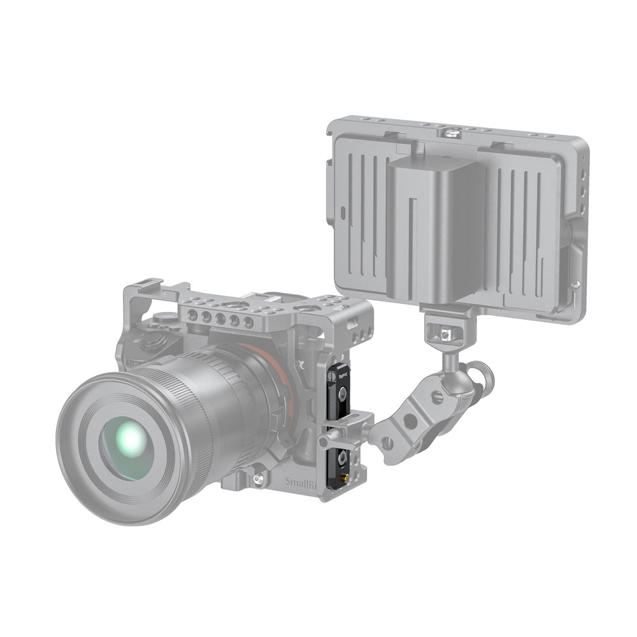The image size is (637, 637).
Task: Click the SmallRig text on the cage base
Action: tap(300, 482)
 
